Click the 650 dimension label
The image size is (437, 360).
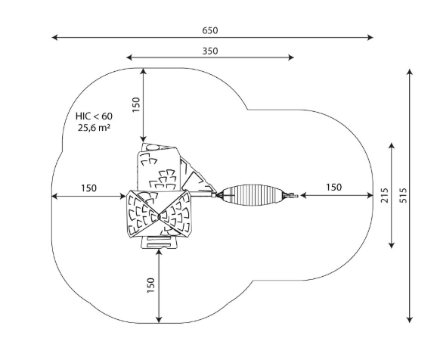coord(210,30)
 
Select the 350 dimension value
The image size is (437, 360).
coord(210,51)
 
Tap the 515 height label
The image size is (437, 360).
coord(403,195)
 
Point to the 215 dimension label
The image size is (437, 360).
coord(384,195)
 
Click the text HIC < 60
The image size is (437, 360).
coord(94,116)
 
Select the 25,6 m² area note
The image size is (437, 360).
coord(94,128)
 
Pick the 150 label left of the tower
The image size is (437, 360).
coord(88,188)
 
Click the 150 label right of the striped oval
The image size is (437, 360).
coord(333,188)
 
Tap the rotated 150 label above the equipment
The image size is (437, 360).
coord(136,104)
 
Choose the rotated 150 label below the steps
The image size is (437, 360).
coord(150,285)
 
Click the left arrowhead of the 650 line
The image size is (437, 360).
coord(54,37)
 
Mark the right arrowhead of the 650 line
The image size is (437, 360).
coord(370,37)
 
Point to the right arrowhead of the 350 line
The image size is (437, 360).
coord(290,57)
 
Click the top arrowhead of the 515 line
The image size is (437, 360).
coord(409,72)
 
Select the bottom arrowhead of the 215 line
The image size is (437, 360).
coord(392,245)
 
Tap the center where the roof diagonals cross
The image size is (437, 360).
coord(159,216)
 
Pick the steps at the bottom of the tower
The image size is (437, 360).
coord(159,242)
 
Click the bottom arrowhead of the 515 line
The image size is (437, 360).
coord(409,320)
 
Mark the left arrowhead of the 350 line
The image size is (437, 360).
coord(129,57)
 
